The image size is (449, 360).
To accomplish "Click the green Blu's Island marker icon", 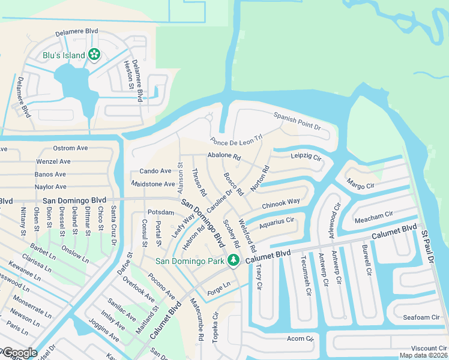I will tap(94, 55).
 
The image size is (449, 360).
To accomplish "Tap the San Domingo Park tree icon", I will tap(233, 260).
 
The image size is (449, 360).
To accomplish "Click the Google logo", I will tap(19, 353).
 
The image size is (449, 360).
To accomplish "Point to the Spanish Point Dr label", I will tap(298, 121).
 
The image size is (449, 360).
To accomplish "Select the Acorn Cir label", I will tap(300, 339).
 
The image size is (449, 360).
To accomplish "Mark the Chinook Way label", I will tap(280, 203).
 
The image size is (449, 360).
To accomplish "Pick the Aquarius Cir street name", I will tap(277, 223).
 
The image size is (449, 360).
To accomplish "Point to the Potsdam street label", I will tap(160, 212).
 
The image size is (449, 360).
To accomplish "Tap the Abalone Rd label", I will tap(223, 156).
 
